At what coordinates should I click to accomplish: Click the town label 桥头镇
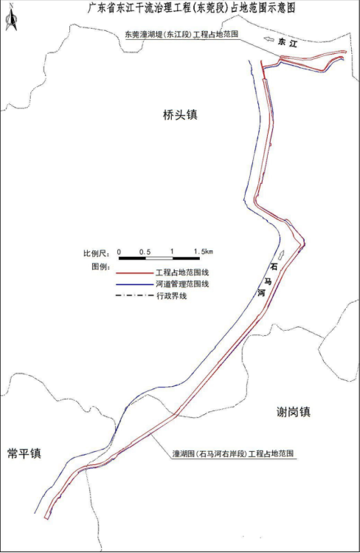point(181,114)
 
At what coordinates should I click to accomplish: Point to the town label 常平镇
point(24,453)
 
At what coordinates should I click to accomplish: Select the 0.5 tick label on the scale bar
point(145,252)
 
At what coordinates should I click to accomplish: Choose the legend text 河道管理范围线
point(183,284)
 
